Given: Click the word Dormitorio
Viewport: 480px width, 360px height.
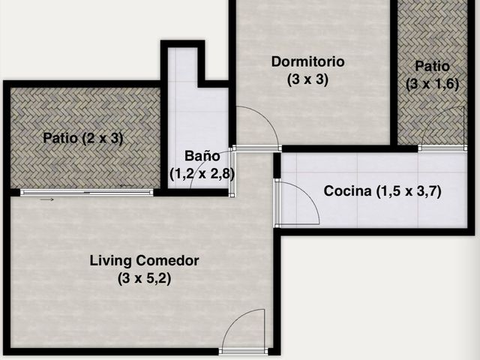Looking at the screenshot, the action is pos(308,61).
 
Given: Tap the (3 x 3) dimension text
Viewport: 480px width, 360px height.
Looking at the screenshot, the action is pos(307,79).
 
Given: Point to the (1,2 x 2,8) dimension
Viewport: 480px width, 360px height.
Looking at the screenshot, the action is pos(202,174).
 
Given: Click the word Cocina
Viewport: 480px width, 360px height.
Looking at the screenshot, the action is pos(347,191).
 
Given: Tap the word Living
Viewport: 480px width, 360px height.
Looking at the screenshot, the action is pos(110,261).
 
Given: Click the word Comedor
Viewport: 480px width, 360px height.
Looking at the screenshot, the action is pos(167,261).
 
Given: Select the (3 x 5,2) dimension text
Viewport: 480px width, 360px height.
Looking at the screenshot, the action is pos(144,278).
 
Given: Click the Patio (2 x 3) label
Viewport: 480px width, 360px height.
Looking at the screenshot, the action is pos(83,138).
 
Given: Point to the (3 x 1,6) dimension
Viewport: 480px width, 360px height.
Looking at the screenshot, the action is pos(433,83).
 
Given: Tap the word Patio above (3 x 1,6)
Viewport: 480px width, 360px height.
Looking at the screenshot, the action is pos(432,66).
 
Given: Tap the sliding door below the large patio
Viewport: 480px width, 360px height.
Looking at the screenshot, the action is pos(87,192).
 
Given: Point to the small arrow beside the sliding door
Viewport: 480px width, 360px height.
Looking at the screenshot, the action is pos(46,199).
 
